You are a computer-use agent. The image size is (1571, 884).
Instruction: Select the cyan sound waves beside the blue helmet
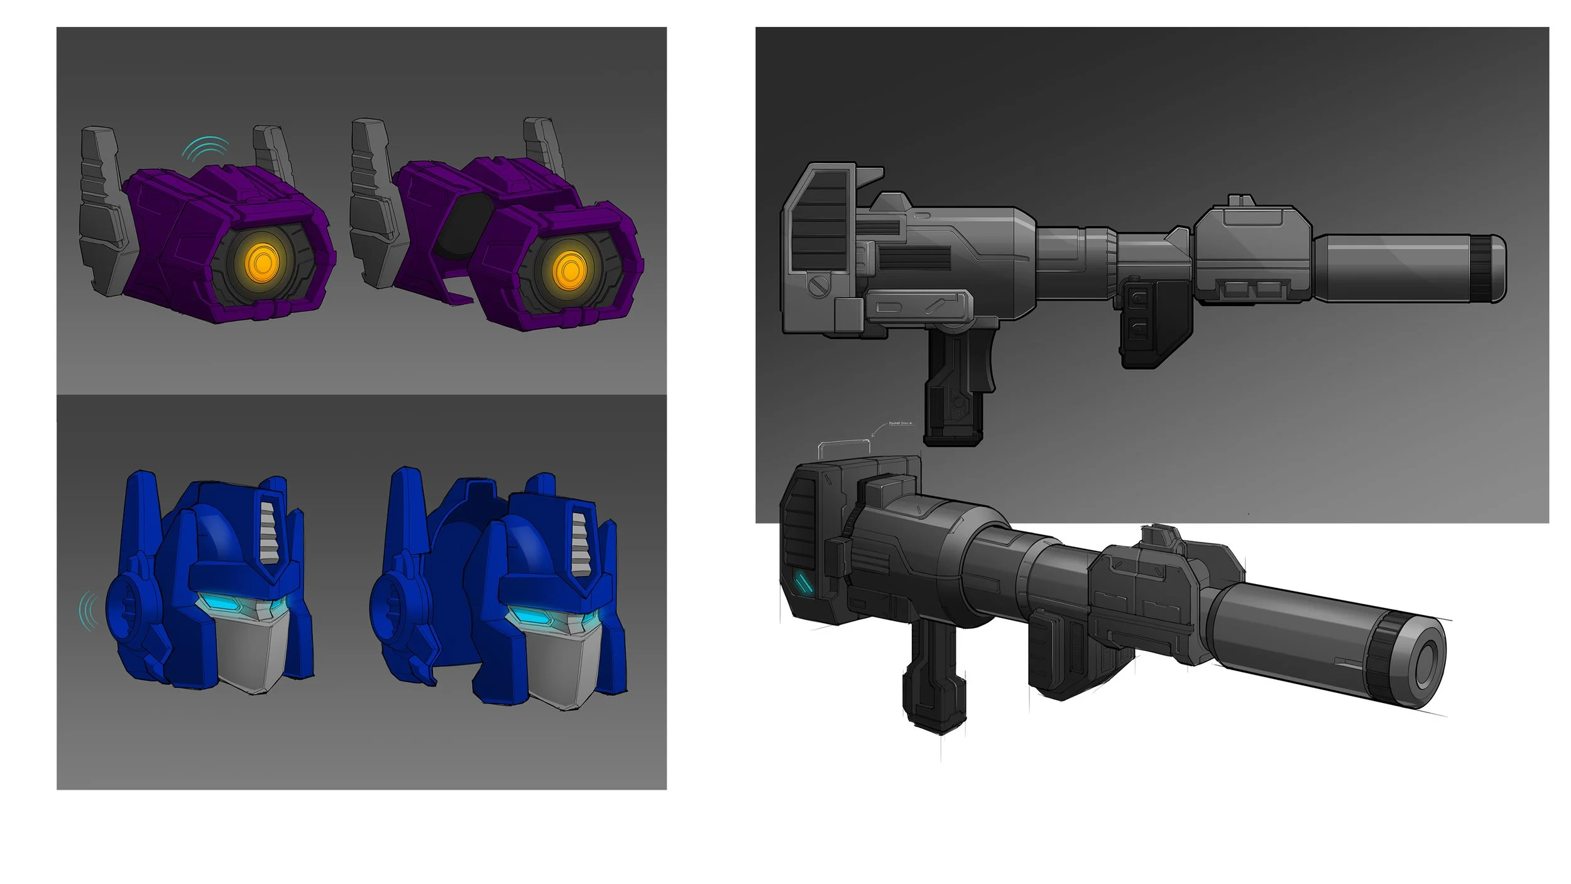88,611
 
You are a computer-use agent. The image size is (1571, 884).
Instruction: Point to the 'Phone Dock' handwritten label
900,424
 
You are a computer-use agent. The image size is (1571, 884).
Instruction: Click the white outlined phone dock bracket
844,448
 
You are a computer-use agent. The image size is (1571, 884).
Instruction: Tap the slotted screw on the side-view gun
817,287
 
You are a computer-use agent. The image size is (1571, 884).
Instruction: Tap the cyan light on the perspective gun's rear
802,583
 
